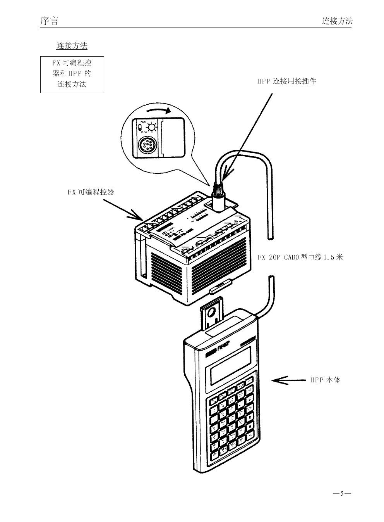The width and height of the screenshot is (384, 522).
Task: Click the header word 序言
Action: [x=49, y=21]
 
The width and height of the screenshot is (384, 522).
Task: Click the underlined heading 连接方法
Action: [x=72, y=46]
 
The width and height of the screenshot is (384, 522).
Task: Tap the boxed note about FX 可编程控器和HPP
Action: [x=72, y=73]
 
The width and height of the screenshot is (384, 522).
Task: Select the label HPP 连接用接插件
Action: [x=286, y=81]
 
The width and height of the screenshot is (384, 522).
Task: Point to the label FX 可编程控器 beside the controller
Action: [x=91, y=192]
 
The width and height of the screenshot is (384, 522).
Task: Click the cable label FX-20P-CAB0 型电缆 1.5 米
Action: [x=300, y=257]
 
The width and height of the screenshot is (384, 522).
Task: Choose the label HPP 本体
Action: [x=325, y=380]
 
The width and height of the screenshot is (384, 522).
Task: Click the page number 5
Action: [x=342, y=494]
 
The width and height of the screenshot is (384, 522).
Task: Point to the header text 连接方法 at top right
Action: [x=337, y=21]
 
